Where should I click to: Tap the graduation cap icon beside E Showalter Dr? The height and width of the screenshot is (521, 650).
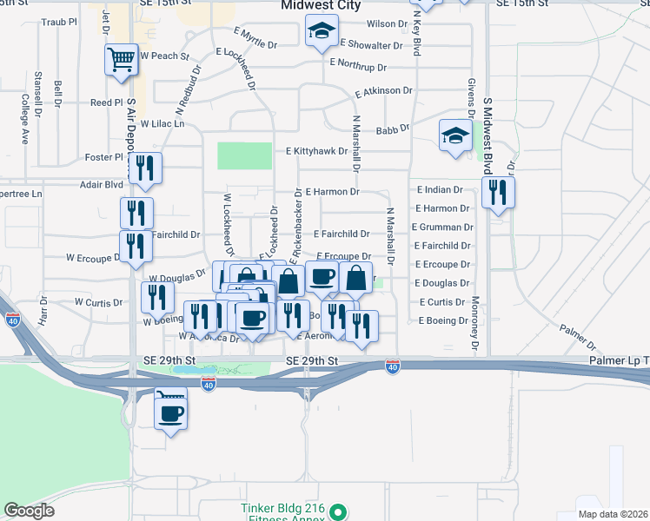pos(322,34)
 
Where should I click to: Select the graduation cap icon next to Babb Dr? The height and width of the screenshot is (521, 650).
pos(454,135)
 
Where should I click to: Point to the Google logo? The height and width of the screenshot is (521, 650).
pos(29,510)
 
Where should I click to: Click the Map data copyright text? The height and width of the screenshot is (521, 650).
pos(613,513)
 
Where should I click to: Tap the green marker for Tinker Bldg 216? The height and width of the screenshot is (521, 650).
pos(340,512)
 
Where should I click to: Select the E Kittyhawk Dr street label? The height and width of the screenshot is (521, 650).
pos(317,150)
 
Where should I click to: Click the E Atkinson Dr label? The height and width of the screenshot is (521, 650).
pos(383,90)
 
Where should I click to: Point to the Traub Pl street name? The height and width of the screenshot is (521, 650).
pos(60,21)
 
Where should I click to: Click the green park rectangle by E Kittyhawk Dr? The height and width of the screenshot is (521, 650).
pos(245,156)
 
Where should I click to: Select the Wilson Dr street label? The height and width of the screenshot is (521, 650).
pos(387,24)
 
